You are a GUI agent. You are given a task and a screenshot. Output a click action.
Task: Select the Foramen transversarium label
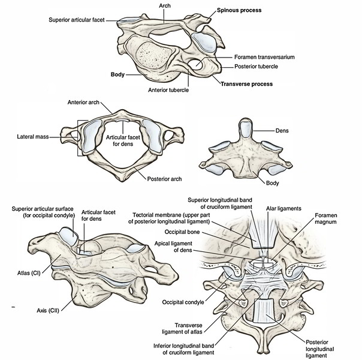click(257, 57)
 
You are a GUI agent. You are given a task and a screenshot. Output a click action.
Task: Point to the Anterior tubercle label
click(169, 91)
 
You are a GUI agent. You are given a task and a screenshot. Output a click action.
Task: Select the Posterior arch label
click(165, 179)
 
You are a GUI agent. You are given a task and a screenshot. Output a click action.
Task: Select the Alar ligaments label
click(284, 208)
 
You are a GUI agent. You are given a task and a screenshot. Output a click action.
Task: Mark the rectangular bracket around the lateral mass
click(79, 137)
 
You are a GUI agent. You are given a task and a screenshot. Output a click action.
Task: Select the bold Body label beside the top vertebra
click(117, 76)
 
